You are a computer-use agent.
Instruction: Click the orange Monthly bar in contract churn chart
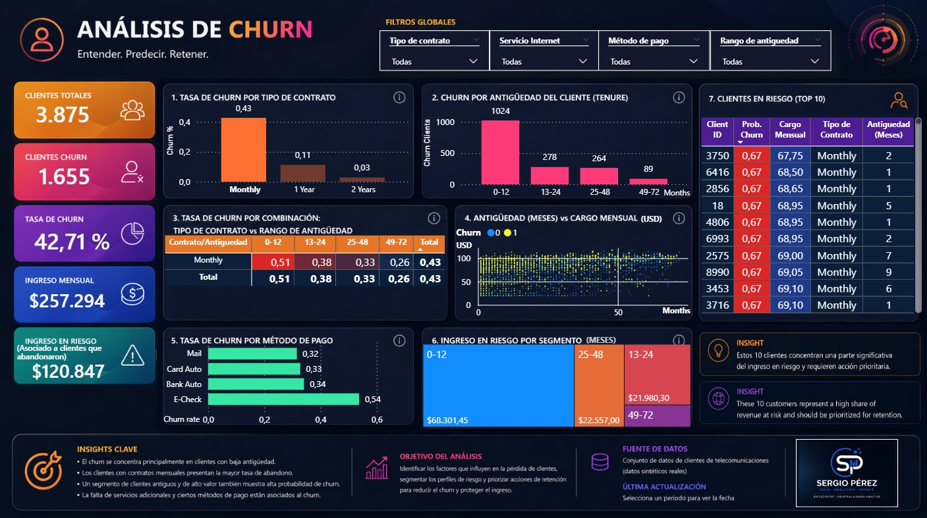(244, 150)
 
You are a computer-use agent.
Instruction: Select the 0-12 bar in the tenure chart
(500, 152)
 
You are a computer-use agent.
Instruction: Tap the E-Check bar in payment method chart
(283, 399)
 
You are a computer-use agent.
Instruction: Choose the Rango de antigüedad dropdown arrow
(815, 61)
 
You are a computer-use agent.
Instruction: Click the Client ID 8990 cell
(717, 272)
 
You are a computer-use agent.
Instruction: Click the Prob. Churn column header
(752, 129)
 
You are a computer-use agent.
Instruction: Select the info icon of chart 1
(399, 97)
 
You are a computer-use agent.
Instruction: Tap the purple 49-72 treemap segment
(657, 415)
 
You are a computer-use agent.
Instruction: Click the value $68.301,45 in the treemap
(447, 420)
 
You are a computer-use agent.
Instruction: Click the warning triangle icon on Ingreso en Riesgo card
(132, 356)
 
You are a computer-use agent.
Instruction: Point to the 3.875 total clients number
(63, 115)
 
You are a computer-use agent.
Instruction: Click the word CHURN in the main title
(270, 30)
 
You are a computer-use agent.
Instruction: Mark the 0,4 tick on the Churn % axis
(184, 122)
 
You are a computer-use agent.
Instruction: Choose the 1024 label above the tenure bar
(500, 111)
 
